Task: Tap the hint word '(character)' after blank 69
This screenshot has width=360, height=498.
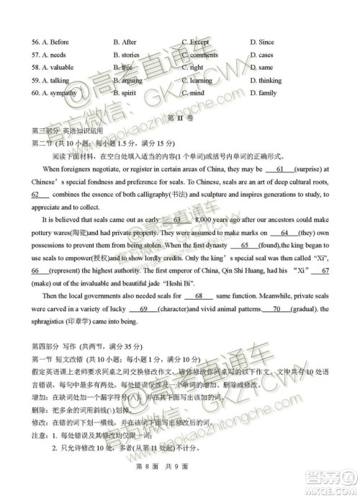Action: tap(169, 309)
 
